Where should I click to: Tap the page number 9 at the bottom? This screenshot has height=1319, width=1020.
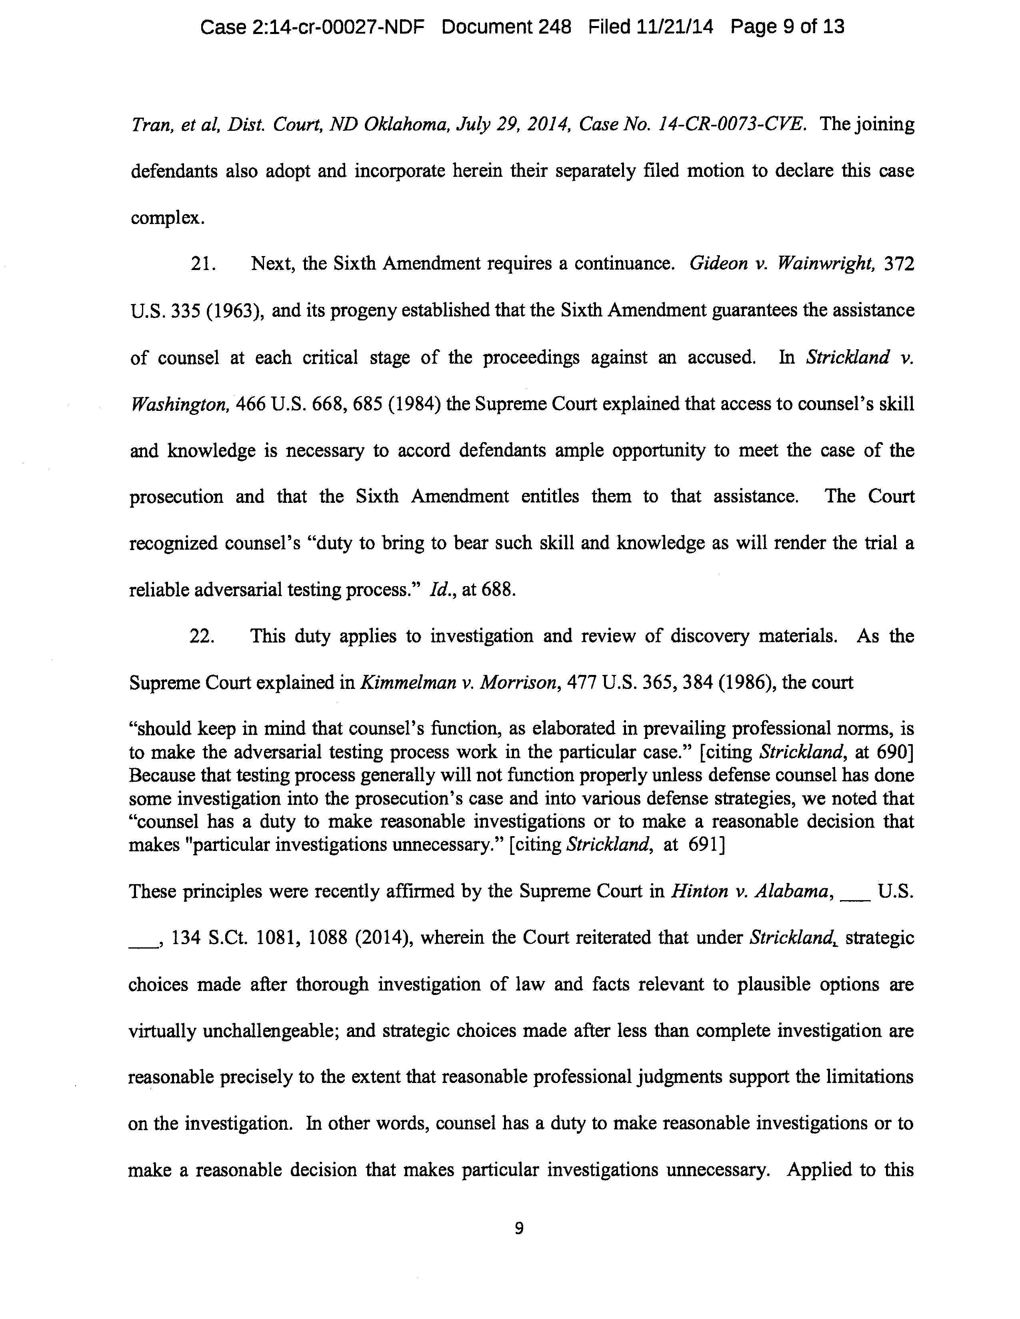click(518, 1228)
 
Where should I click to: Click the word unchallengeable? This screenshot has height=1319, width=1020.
click(270, 1031)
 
